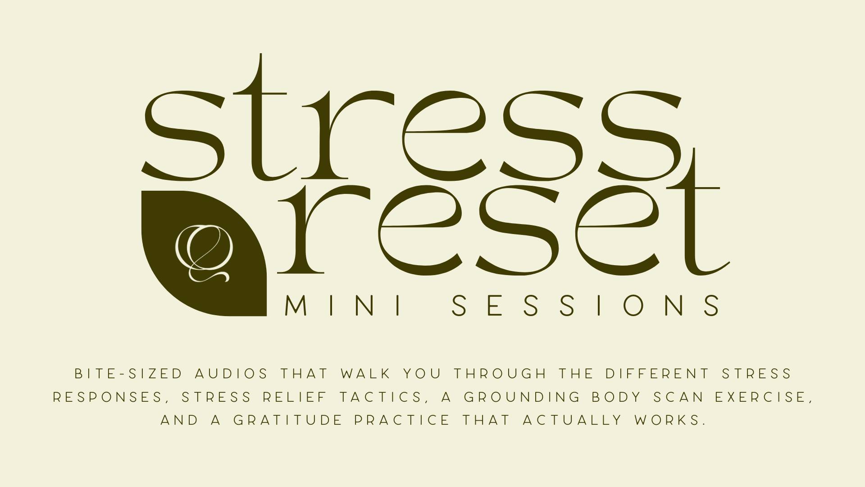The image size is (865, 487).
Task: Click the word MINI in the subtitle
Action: click(x=343, y=305)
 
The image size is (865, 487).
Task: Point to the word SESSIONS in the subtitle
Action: click(x=586, y=305)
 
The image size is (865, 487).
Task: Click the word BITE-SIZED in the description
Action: click(x=128, y=374)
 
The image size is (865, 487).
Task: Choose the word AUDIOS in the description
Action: click(x=232, y=374)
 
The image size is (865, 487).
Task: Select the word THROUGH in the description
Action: click(x=500, y=374)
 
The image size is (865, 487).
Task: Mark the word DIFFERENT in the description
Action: click(x=657, y=374)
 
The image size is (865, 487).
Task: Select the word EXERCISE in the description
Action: click(x=764, y=397)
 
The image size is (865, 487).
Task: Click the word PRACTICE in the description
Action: click(x=402, y=420)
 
